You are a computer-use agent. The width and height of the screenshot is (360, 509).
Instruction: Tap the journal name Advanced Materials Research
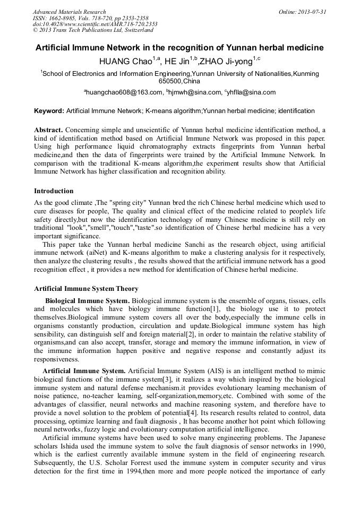click(69, 12)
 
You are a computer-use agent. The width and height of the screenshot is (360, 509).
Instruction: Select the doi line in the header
click(95, 24)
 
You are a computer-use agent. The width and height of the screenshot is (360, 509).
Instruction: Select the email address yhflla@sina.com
click(251, 92)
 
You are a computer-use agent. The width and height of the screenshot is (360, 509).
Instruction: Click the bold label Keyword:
click(49, 111)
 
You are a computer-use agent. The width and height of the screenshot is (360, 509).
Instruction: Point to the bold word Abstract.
click(48, 130)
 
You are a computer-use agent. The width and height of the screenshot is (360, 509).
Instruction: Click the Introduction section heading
click(54, 191)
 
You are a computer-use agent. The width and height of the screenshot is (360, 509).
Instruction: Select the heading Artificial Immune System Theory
click(86, 289)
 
